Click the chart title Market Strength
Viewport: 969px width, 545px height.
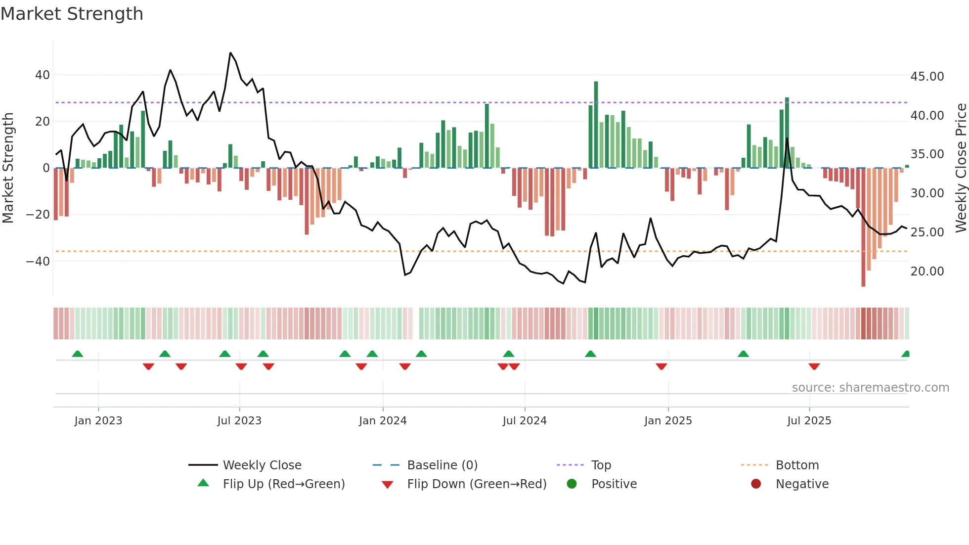[x=72, y=14]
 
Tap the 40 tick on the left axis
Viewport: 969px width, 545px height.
[x=43, y=75]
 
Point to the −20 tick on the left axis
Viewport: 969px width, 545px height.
[x=38, y=215]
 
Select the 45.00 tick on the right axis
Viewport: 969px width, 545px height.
[x=927, y=77]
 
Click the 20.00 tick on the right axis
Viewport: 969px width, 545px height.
[x=927, y=272]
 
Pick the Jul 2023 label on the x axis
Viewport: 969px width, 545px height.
[x=239, y=421]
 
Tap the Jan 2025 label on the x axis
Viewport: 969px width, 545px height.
[x=668, y=421]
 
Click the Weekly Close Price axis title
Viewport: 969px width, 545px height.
[x=961, y=168]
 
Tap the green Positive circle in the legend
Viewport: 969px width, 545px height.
[x=572, y=484]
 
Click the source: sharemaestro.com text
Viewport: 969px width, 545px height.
[x=870, y=388]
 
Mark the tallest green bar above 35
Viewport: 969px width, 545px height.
[x=596, y=124]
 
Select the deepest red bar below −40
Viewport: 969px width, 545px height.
[x=863, y=227]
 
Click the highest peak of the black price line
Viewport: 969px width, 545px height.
[x=230, y=53]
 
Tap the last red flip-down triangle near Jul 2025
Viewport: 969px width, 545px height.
[x=814, y=366]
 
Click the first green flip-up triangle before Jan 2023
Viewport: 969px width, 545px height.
[x=78, y=354]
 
